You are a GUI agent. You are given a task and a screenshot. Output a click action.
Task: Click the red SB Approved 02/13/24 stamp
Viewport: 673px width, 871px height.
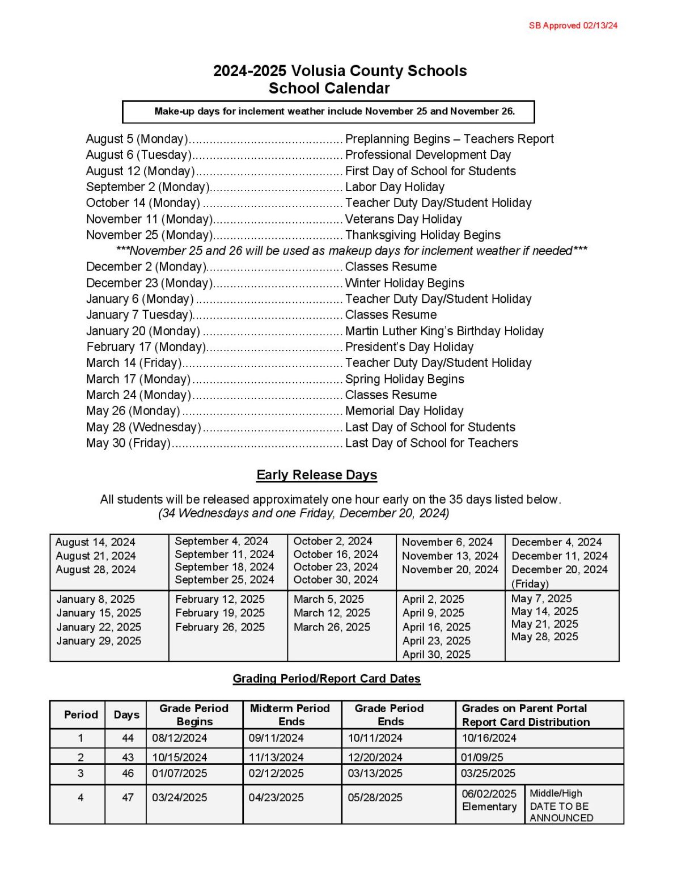coord(573,26)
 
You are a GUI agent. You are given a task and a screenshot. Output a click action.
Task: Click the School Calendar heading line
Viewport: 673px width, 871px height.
coord(329,88)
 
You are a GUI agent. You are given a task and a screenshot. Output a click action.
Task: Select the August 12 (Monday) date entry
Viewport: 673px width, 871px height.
coord(140,171)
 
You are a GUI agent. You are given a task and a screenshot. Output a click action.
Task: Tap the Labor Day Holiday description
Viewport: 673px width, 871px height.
coord(395,187)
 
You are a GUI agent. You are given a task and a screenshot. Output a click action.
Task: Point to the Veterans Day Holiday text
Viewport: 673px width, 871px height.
coord(403,219)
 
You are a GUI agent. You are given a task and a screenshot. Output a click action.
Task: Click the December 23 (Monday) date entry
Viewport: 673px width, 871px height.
coord(149,283)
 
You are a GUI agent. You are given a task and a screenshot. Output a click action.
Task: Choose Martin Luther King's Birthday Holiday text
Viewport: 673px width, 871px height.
coord(444,331)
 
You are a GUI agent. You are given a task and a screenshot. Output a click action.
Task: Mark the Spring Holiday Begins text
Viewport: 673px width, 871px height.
coord(404,379)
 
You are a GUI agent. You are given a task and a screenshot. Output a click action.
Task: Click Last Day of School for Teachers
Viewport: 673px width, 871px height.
coord(431,443)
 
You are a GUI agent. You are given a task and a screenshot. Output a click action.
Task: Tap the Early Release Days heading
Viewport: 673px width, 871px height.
coord(316,475)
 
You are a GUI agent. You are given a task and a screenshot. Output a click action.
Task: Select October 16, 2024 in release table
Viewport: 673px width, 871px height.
coord(335,554)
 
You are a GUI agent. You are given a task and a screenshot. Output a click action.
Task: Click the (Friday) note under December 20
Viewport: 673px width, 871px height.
coord(530,584)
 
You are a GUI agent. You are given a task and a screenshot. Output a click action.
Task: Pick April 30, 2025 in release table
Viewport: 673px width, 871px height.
coord(436,654)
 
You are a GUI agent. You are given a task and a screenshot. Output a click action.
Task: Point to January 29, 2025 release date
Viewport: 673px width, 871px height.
coord(99,641)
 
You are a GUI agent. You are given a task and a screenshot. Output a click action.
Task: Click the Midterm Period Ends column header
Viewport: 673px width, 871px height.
coord(290,715)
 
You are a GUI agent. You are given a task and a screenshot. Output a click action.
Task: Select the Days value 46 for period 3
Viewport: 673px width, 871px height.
coord(128,773)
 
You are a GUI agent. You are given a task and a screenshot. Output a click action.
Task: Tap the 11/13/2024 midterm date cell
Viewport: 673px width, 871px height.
coord(276,758)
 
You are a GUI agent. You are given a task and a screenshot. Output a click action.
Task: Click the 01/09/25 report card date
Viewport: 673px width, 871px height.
coord(481,758)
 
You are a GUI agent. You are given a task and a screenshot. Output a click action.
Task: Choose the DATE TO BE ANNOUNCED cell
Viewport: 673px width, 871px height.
coord(561,806)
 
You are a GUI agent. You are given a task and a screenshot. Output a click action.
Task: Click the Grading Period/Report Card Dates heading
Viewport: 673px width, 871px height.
coord(327,679)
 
